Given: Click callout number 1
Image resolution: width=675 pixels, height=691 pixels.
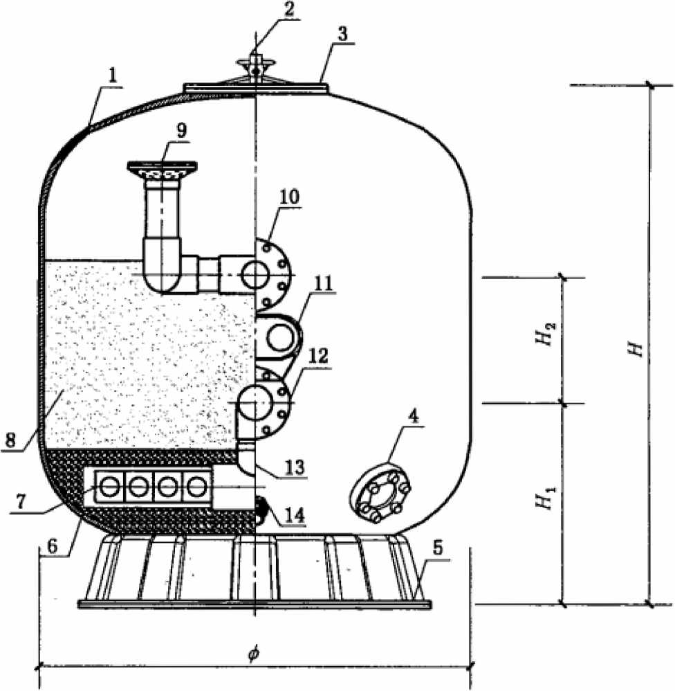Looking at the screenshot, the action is [x=113, y=76].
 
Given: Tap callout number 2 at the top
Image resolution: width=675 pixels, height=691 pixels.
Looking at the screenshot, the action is [x=289, y=10].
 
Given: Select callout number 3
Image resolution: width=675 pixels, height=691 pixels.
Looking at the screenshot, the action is [x=344, y=33].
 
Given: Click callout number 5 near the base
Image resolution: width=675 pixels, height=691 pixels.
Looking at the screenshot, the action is [x=437, y=548].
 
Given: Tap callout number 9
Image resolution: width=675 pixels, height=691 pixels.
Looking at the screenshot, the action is [x=181, y=131].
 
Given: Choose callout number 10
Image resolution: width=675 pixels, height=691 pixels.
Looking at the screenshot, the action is [x=289, y=197].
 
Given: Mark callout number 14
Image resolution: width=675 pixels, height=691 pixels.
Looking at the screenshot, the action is [x=294, y=514].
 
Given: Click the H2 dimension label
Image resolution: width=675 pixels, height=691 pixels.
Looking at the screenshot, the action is [x=547, y=334].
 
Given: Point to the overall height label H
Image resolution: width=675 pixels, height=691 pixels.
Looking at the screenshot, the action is [x=636, y=348].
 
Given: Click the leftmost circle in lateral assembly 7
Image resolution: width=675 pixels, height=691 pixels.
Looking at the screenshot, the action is [x=109, y=487].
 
